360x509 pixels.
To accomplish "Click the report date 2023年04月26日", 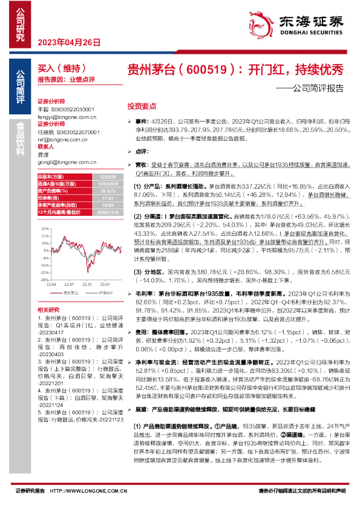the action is coord(68,42).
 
